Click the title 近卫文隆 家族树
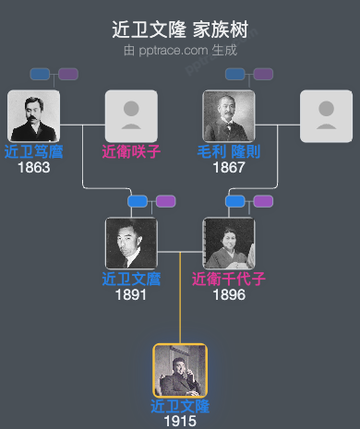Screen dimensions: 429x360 [180, 30]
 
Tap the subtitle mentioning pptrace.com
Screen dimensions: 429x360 [180, 50]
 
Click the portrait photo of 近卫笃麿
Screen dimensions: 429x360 [33, 115]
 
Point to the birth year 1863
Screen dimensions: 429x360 [33, 167]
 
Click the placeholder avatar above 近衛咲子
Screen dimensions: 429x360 [131, 115]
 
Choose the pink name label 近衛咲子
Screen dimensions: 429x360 [131, 151]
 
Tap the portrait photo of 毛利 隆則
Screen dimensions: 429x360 [229, 115]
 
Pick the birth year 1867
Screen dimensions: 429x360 [229, 167]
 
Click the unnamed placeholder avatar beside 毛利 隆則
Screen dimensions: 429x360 [326, 115]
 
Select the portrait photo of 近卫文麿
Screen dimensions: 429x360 [131, 243]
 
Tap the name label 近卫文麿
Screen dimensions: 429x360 [131, 279]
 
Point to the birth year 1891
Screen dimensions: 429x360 [131, 294]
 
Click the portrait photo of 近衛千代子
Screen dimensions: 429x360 [229, 243]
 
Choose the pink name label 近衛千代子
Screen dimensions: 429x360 [229, 279]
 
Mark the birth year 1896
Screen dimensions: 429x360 [229, 294]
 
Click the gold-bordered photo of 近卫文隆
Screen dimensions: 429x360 [180, 370]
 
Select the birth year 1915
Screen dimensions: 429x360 [180, 421]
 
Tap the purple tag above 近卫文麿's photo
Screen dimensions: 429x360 [165, 201]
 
